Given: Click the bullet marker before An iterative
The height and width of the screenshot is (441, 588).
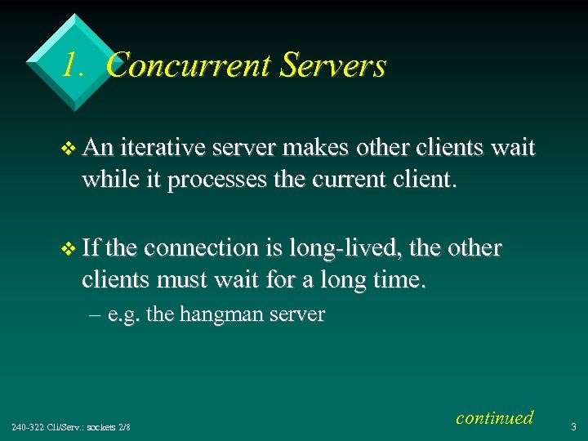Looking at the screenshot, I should click(69, 149).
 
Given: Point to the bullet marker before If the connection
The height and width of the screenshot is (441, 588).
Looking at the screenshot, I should click(69, 248).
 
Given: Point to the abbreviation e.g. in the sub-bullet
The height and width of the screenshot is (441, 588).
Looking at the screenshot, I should click(128, 315).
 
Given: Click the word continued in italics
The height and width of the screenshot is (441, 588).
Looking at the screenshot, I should click(494, 417).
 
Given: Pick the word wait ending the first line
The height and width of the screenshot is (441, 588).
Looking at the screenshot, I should click(513, 148).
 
